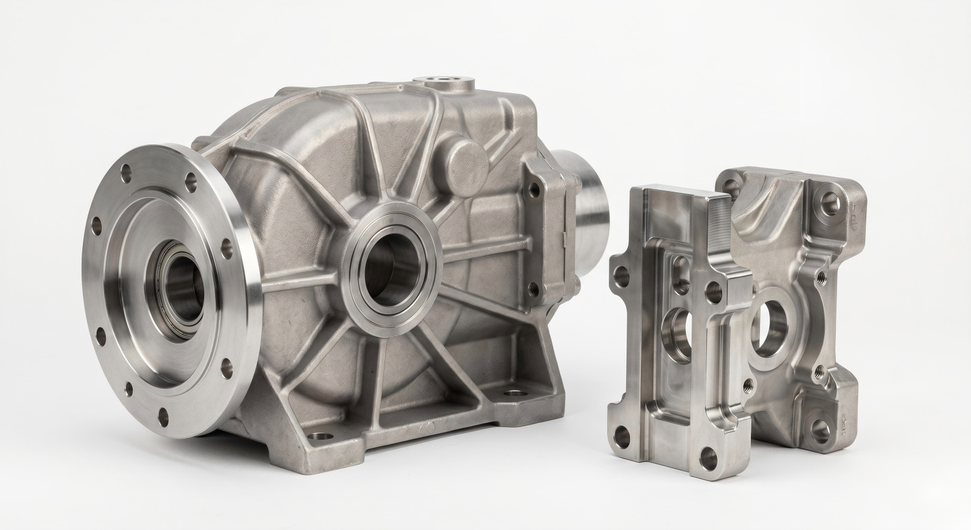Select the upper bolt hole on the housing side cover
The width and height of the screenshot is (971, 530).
pyautogui.click(x=536, y=188)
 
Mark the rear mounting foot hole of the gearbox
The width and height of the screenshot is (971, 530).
pyautogui.click(x=511, y=394)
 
